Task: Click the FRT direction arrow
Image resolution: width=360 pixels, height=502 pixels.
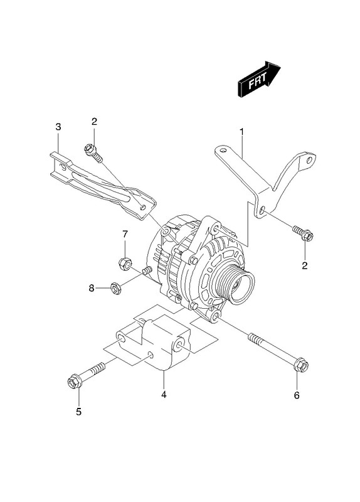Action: point(258,79)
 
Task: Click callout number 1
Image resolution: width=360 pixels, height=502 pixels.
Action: point(242,132)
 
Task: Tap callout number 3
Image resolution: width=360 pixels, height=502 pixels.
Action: point(58,127)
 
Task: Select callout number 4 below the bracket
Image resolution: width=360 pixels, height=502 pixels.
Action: point(164,395)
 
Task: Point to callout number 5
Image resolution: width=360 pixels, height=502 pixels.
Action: point(79,412)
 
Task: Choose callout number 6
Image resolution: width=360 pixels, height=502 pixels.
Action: point(297,395)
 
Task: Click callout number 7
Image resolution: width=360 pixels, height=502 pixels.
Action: point(125,234)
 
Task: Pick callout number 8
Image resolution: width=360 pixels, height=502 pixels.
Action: point(92,288)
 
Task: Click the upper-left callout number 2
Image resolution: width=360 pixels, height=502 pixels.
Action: point(94,121)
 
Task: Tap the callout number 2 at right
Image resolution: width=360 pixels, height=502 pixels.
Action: point(305,265)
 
